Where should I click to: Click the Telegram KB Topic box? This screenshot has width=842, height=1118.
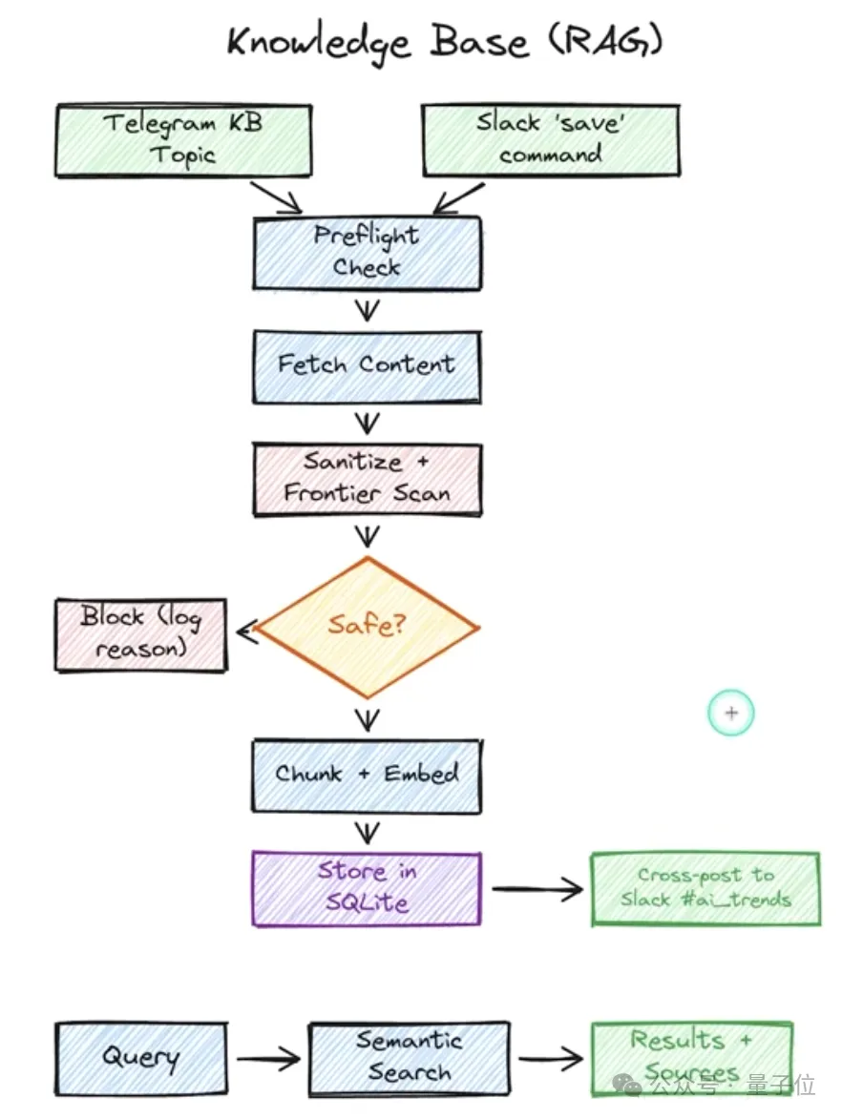(x=182, y=141)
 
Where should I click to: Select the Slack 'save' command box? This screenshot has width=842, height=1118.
(x=551, y=140)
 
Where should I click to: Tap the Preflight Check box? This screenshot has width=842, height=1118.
(x=367, y=253)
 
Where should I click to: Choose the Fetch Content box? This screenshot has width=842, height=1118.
(x=367, y=364)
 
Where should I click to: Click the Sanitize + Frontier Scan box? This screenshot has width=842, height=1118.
(x=367, y=478)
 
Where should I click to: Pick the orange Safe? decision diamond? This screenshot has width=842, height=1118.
(x=367, y=626)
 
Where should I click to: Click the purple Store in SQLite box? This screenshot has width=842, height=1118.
(x=367, y=887)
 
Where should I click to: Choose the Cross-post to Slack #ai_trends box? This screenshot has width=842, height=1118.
(x=705, y=888)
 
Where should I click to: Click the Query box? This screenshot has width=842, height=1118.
(x=141, y=1058)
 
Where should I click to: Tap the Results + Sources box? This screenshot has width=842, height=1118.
(x=691, y=1055)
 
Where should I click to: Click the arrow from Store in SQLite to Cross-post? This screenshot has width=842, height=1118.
(x=537, y=890)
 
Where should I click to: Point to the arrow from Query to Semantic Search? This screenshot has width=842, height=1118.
(x=268, y=1059)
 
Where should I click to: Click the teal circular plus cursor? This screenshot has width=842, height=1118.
(x=731, y=713)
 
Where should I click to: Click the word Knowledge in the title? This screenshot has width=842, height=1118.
(x=320, y=43)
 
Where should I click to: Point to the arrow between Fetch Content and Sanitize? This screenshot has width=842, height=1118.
(x=367, y=423)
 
